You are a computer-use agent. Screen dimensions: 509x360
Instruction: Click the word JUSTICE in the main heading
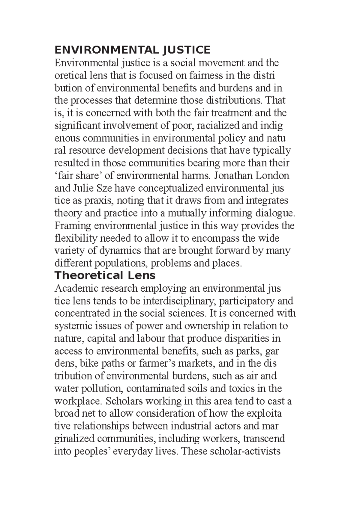pos(186,50)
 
